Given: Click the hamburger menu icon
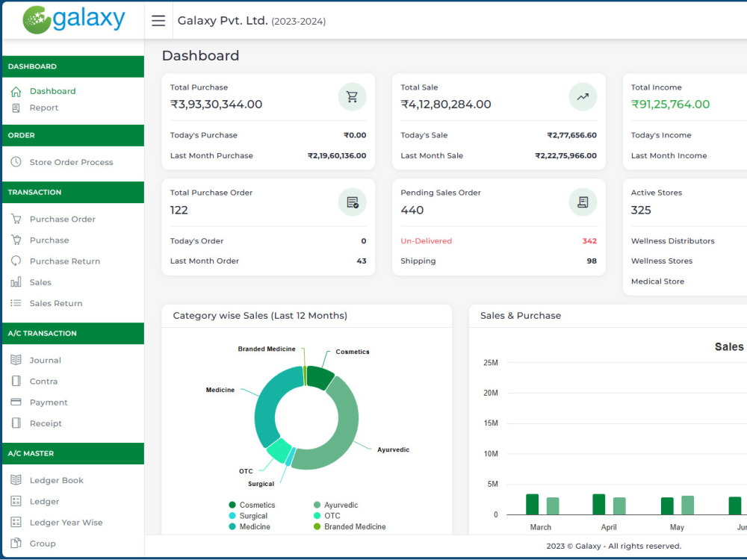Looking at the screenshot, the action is pos(158,20).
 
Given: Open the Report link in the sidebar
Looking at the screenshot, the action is pos(43,108).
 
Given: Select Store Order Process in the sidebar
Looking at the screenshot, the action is pos(71,162).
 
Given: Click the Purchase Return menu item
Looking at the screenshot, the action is pos(65,261).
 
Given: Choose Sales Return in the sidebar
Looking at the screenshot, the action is pos(56,303).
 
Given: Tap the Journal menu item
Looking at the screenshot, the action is pos(46,360).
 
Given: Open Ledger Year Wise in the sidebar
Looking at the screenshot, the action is pos(66,523).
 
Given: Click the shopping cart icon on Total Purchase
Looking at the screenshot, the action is pos(352,96).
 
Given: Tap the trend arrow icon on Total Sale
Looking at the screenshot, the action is pos(583,96).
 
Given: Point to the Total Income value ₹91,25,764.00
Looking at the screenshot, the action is pos(670,105).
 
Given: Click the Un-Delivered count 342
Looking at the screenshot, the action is pos(589,241).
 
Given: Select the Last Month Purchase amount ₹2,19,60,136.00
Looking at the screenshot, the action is pos(337,156).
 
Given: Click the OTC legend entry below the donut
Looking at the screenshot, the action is pos(327,516).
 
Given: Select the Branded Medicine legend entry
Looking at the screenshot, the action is pos(350,526).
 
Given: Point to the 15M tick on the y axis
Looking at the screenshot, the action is pos(491,423).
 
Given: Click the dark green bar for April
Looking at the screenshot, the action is pos(599,504).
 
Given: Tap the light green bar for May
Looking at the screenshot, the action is pos(687,505).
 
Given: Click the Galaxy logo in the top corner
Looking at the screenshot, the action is pos(74,19).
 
